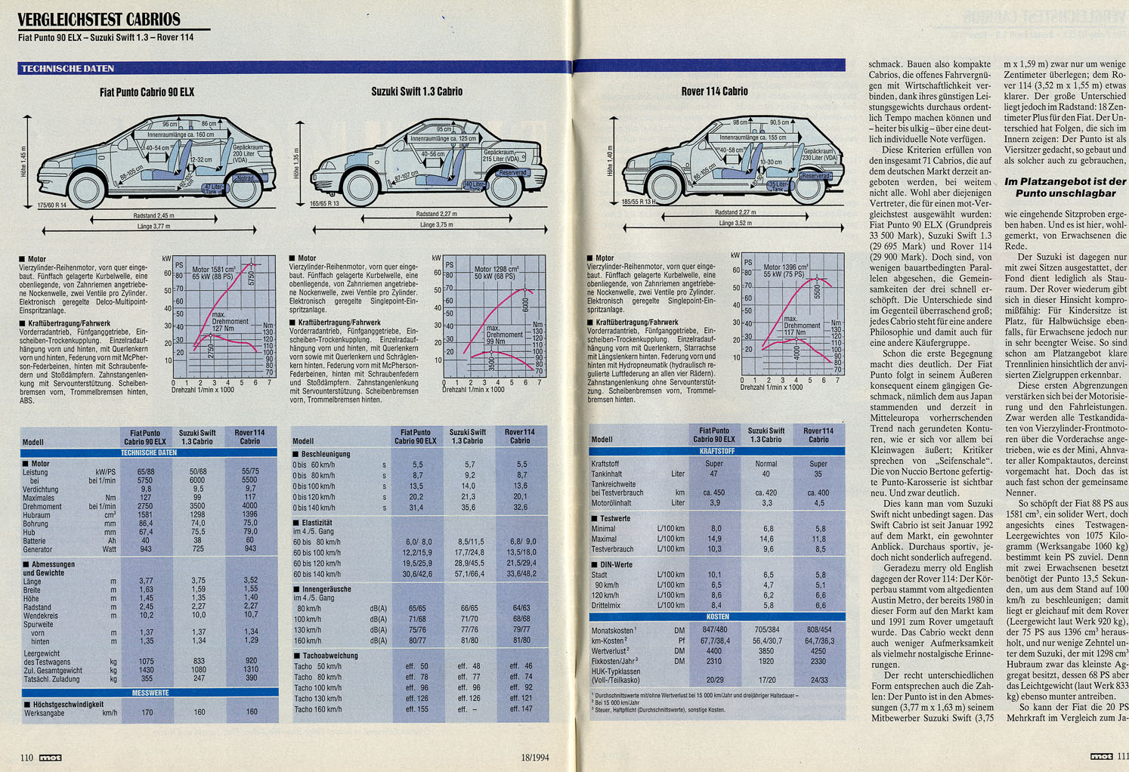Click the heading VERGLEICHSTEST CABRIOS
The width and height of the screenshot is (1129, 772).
pos(99,19)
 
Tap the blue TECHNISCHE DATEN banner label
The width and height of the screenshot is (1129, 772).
pos(67,69)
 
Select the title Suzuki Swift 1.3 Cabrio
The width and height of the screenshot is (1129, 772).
pos(416,91)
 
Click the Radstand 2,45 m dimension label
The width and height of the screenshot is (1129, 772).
pos(153,216)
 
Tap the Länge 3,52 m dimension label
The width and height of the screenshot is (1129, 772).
pos(735,224)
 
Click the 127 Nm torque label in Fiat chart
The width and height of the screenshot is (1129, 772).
pos(222,329)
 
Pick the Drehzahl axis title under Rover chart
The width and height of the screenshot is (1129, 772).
pos(772,388)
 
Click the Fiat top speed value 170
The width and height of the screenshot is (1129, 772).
pos(147,712)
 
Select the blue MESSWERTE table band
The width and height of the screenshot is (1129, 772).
pos(149,693)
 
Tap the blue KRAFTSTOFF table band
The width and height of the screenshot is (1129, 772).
pos(716,451)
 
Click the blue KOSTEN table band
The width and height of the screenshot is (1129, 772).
pos(716,616)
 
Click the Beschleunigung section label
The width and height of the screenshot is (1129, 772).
pos(326,454)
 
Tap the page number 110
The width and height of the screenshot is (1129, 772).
pos(26,757)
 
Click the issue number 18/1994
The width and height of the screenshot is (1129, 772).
pos(534,757)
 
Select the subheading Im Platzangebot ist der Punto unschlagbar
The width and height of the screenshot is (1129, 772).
pos(1065,187)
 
